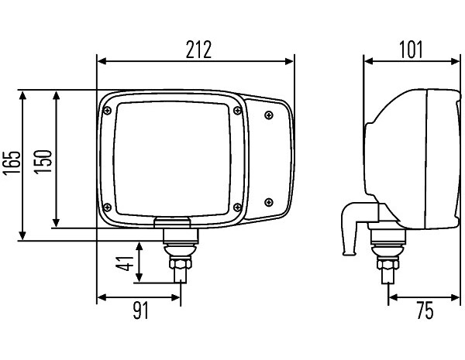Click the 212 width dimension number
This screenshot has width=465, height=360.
(x=198, y=50)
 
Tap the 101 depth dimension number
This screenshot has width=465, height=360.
(x=411, y=50)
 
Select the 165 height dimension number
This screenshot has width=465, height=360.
(x=12, y=163)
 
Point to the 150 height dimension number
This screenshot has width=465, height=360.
(x=43, y=162)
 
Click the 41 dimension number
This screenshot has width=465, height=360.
(x=125, y=263)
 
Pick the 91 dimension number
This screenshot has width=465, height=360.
(x=140, y=310)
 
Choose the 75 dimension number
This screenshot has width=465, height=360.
(x=425, y=310)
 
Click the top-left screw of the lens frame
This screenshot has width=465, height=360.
(x=108, y=111)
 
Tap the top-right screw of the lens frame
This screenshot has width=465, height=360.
(x=237, y=111)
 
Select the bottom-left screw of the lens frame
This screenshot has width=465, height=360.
(x=108, y=207)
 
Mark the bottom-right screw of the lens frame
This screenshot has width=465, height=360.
(x=237, y=207)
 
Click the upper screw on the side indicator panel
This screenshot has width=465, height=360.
(x=269, y=115)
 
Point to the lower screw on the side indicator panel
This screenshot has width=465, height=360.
(x=269, y=202)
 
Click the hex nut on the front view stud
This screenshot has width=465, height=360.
(x=181, y=262)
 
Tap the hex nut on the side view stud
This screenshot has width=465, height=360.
(x=388, y=263)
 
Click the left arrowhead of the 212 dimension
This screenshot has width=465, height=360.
(x=102, y=61)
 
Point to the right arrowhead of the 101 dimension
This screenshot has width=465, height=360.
(x=455, y=61)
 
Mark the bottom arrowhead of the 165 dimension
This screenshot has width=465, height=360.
(x=22, y=236)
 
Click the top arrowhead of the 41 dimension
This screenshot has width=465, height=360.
(x=139, y=247)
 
